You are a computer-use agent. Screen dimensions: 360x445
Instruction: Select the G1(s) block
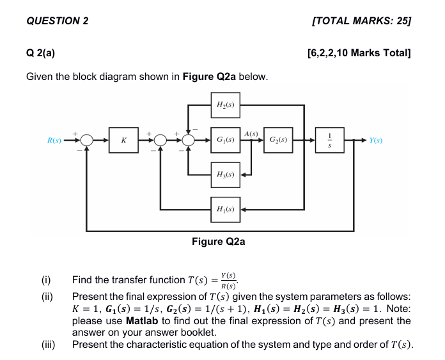(225, 139)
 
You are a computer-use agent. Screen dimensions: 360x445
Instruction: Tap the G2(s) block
(277, 139)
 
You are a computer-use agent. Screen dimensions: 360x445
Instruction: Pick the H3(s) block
(225, 174)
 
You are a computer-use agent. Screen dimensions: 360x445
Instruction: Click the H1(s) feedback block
(225, 209)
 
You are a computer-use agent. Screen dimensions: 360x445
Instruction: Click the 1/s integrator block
(330, 139)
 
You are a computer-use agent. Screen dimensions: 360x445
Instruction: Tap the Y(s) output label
(375, 139)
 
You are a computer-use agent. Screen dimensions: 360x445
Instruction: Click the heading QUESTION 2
(58, 20)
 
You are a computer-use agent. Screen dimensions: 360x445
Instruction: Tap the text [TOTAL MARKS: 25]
(361, 20)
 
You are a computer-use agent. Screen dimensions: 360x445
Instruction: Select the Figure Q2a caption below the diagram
(218, 242)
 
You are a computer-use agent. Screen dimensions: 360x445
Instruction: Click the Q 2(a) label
(40, 52)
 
